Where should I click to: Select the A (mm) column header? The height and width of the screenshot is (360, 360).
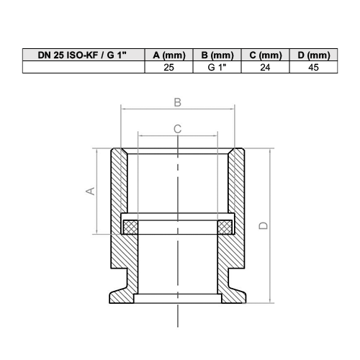point(169,55)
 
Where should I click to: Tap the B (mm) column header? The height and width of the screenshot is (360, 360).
point(217,55)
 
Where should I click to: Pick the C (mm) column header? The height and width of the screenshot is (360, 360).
point(266,55)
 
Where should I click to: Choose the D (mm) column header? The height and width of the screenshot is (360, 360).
point(314,55)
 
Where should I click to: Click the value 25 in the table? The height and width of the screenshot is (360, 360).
point(169,68)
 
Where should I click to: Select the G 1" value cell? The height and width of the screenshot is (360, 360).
point(217,68)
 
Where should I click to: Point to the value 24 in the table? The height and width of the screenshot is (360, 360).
point(265,68)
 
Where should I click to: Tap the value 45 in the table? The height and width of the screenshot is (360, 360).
point(313,68)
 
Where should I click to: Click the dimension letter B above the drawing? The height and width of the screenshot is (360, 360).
point(178,102)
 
